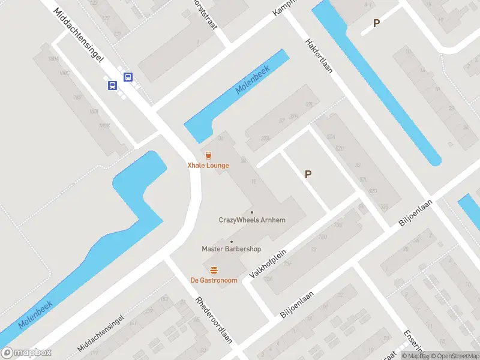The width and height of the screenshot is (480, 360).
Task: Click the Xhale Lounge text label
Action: [x=208, y=166]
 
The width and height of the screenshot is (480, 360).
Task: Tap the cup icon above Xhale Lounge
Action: [x=208, y=155]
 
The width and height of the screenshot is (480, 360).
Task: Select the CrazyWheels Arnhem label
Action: [x=252, y=220]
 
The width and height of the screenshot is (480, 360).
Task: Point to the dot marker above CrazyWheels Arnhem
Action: [x=252, y=212]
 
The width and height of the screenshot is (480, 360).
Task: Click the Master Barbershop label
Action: [x=232, y=249]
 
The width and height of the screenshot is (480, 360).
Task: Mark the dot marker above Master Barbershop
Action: [x=232, y=241]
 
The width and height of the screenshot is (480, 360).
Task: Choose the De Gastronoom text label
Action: [x=214, y=280]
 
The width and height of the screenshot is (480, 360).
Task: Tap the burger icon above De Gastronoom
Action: [x=214, y=269]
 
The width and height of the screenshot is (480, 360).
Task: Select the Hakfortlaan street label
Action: [x=319, y=61]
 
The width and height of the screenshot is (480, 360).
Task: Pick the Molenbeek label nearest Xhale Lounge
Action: [x=253, y=79]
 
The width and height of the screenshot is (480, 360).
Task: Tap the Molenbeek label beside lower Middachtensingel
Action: [x=35, y=314]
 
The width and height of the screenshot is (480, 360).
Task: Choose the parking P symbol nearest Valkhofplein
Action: [x=308, y=175]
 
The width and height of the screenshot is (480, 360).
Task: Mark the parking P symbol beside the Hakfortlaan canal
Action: [x=376, y=23]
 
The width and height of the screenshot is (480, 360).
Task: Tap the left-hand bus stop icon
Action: [x=112, y=86]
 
